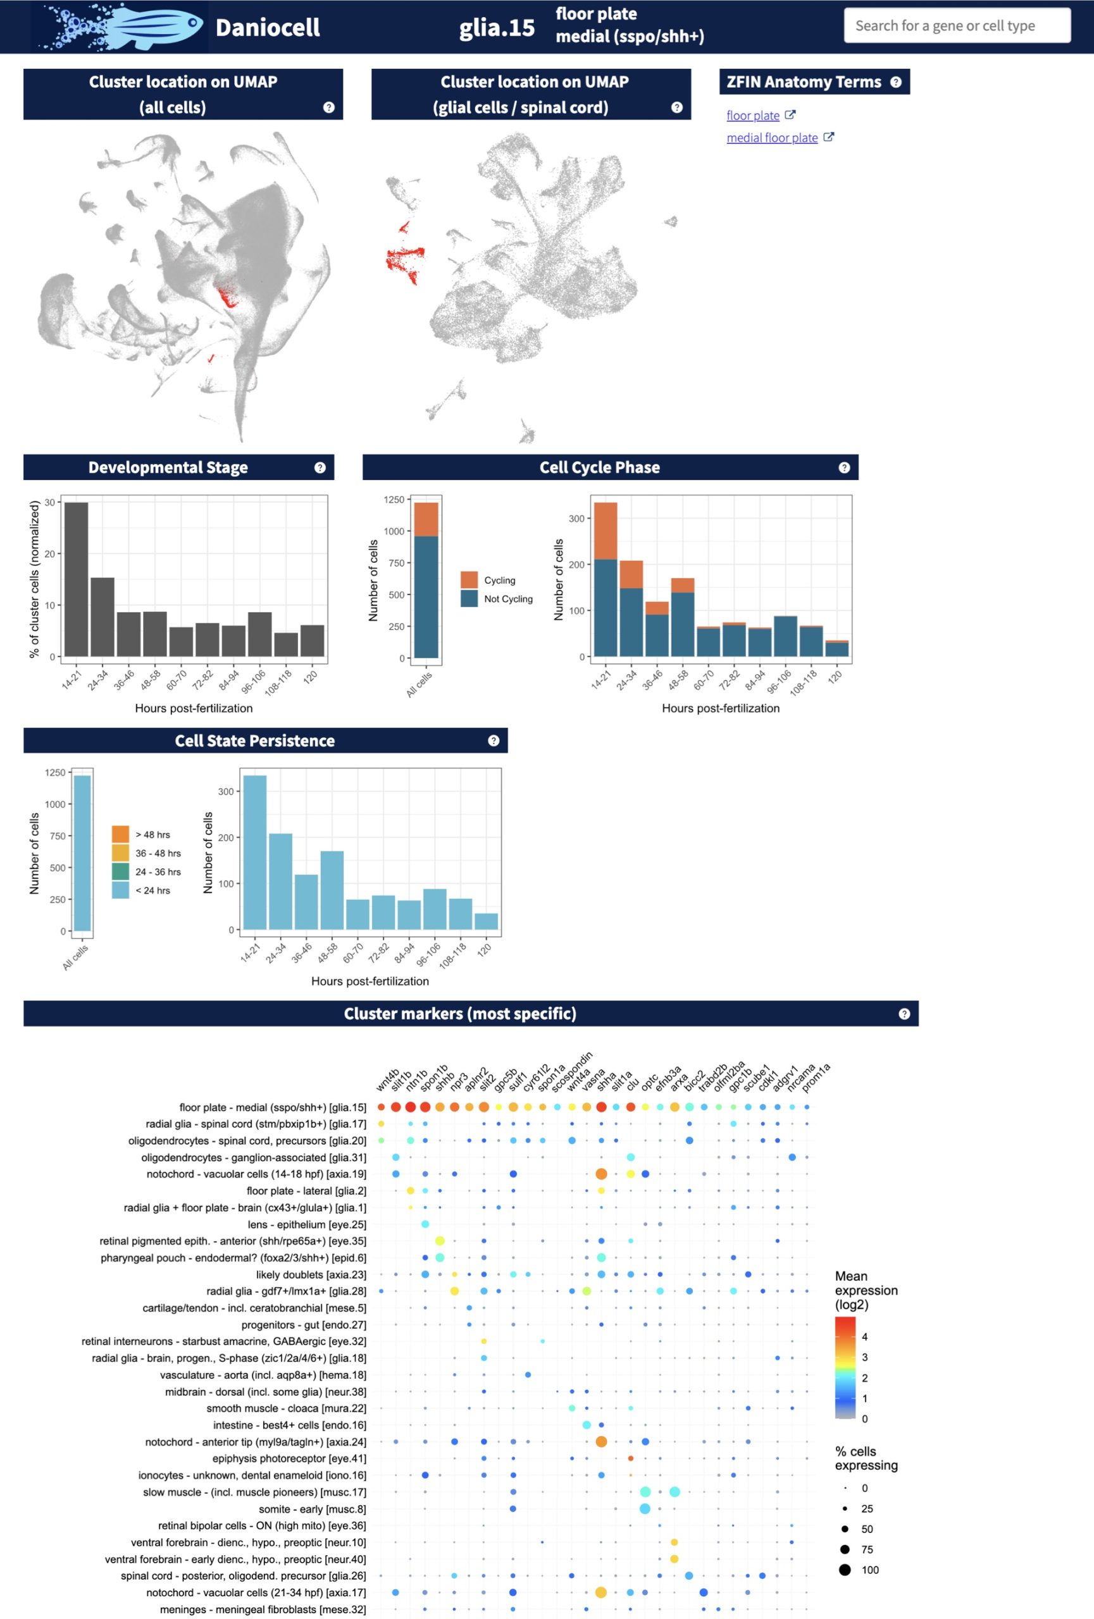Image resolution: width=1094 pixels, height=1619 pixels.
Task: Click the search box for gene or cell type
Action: [x=956, y=26]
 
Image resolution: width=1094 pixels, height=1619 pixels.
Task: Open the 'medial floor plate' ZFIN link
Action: [x=771, y=138]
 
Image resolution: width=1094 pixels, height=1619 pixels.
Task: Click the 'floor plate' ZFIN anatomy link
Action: [x=752, y=116]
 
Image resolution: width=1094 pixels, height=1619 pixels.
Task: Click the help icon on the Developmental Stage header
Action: [x=320, y=467]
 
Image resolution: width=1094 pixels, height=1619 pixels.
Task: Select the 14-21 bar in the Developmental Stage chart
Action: [x=76, y=579]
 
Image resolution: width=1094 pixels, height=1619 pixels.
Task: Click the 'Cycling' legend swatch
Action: [x=469, y=579]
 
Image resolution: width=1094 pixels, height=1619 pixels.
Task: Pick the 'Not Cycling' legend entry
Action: [x=508, y=598]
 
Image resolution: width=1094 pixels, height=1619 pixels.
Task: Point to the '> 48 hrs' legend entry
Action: [x=152, y=835]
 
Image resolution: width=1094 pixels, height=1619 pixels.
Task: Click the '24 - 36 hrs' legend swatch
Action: [x=121, y=871]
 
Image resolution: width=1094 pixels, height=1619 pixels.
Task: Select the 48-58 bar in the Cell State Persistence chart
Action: [x=332, y=890]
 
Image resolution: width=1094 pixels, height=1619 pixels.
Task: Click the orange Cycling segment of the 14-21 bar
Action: [x=605, y=531]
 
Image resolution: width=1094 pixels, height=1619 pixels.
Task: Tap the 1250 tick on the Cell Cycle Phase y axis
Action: [x=394, y=500]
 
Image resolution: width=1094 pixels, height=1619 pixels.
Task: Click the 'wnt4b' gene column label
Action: [x=387, y=1080]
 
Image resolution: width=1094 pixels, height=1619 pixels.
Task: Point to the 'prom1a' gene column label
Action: [x=815, y=1078]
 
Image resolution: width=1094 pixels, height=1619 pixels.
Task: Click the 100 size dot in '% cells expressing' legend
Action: [x=845, y=1570]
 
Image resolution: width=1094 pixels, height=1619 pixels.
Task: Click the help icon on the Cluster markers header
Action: [x=904, y=1014]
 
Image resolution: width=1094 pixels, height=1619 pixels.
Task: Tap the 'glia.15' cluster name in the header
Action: [x=496, y=27]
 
